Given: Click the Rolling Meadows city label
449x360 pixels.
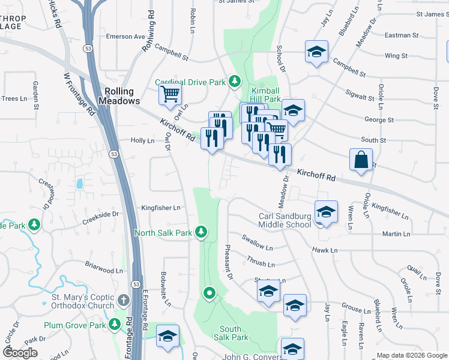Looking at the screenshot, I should [122, 97].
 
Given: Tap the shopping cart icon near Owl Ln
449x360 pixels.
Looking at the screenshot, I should [170, 94].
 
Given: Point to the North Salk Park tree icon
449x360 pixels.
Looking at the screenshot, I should [202, 232].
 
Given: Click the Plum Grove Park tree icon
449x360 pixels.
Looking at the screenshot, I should [115, 325].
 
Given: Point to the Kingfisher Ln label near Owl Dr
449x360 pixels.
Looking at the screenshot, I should [160, 208].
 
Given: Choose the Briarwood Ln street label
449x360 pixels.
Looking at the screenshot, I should [103, 271].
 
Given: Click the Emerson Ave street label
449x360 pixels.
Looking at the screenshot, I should [125, 37].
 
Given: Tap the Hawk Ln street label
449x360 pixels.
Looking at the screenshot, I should [325, 250].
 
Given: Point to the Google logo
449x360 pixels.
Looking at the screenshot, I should [20, 353].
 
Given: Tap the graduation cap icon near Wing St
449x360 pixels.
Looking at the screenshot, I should [316, 52].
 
